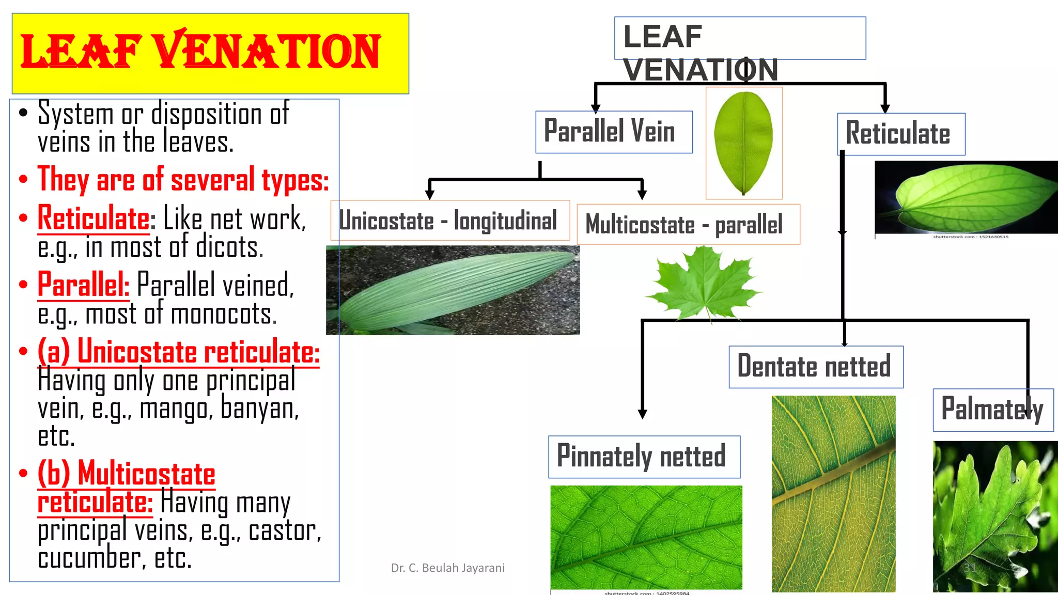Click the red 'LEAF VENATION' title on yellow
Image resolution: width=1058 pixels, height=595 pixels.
coord(200,52)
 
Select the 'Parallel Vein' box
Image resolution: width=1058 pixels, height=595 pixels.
coord(614,132)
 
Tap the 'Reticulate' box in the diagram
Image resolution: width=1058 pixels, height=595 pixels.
coord(900,134)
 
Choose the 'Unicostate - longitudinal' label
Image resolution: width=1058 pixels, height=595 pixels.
coord(449,221)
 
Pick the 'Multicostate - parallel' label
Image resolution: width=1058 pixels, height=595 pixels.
coord(688,224)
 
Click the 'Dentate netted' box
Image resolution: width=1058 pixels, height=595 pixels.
coord(816,367)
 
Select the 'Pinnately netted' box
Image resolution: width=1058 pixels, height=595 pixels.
coord(644,457)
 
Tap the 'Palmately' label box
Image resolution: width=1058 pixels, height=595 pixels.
coord(992,410)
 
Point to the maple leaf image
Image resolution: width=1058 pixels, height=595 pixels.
coord(703,282)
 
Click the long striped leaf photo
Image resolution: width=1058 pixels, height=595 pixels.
coord(453,290)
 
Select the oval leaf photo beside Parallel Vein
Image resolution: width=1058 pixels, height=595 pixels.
coord(744,143)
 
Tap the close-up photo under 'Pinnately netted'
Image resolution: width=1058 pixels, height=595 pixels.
coord(646,537)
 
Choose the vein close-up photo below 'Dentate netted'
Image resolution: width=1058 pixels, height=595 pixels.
coord(833,494)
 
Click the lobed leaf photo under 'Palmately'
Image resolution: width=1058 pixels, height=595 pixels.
coord(995,516)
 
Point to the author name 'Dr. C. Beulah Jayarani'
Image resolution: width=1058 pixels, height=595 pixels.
coord(448,568)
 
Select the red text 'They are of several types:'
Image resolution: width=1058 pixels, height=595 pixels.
coord(183,180)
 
